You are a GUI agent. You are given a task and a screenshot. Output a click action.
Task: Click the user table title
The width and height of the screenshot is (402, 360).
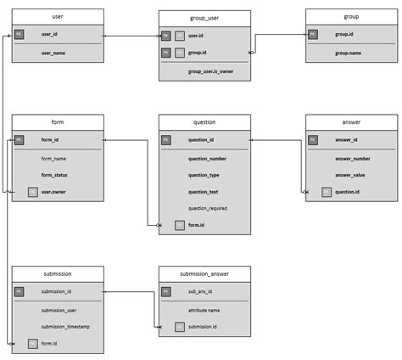coord(58,16)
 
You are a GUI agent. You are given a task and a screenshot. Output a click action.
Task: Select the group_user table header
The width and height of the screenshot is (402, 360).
coord(204,18)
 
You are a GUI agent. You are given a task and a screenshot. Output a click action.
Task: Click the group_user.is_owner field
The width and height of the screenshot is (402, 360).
coord(210,71)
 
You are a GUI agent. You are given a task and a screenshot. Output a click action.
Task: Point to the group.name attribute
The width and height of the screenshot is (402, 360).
coord(348,53)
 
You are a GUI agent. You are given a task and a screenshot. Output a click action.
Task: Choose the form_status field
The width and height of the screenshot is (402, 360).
coord(54,175)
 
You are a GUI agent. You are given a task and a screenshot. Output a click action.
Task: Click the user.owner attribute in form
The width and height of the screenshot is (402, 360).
coord(54,192)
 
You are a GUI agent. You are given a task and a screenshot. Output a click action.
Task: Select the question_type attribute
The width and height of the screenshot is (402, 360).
coord(204,175)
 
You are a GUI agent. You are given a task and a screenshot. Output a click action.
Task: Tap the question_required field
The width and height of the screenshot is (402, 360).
coord(207,208)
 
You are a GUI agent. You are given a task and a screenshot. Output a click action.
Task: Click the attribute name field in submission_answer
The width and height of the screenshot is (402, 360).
coord(204,310)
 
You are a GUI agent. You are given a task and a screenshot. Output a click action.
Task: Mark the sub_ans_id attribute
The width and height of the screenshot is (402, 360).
coord(201,291)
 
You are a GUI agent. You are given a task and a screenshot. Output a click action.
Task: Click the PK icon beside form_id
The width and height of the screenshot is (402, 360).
coord(20,140)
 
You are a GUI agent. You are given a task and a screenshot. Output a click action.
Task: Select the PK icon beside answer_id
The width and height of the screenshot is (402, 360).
coord(313,140)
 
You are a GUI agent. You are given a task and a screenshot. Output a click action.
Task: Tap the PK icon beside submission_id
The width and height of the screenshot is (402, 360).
coord(20,291)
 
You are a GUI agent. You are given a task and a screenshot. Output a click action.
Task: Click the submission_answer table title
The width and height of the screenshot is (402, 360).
coord(204,273)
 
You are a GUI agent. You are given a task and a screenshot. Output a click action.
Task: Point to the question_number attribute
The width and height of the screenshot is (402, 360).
coord(207,158)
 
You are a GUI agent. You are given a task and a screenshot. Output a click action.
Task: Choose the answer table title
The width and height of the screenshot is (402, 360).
coord(351,122)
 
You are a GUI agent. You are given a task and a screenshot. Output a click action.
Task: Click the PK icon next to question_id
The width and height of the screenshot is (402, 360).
coord(166,140)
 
